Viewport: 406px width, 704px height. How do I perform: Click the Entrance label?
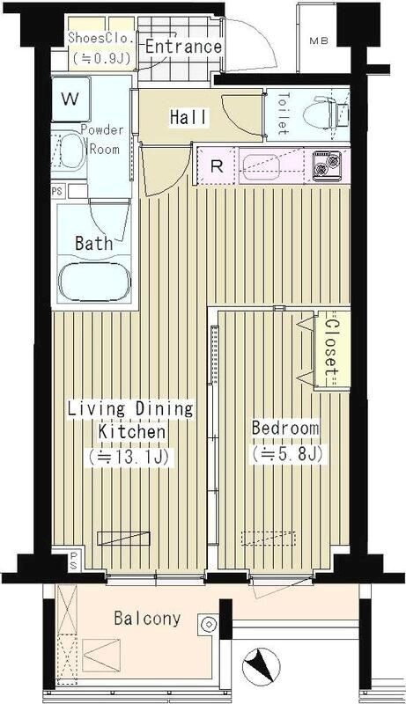coord(183,47)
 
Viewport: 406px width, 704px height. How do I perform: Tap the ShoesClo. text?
coord(100,39)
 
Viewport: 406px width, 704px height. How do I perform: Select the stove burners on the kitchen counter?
coord(328,164)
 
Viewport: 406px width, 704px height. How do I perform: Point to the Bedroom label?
coord(285,428)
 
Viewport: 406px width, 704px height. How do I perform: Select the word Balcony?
coord(147,619)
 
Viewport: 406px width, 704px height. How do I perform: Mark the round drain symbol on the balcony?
coord(209,624)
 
